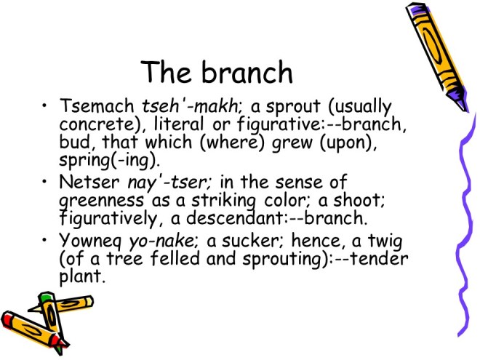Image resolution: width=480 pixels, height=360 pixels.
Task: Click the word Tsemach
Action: pyautogui.click(x=97, y=105)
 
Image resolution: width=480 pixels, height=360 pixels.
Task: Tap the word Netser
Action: pyautogui.click(x=89, y=182)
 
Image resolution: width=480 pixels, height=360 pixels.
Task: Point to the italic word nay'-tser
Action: pyautogui.click(x=169, y=183)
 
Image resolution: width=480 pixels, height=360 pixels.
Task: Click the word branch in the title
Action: pyautogui.click(x=247, y=72)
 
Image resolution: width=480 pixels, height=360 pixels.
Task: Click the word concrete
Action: pyautogui.click(x=97, y=124)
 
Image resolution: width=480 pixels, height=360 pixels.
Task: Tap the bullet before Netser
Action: pyautogui.click(x=45, y=182)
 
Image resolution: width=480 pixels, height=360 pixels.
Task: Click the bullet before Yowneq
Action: pyautogui.click(x=45, y=240)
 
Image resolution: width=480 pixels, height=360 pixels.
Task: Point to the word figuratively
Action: pyautogui.click(x=108, y=219)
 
